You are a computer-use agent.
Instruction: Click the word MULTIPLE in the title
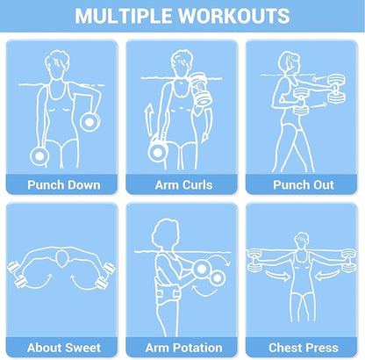[x=124, y=16]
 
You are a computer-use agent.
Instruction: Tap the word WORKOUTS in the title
[x=234, y=16]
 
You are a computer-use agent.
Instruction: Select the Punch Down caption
[x=64, y=185]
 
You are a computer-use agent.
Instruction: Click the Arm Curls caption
[x=183, y=185]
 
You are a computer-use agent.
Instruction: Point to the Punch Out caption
[x=304, y=185]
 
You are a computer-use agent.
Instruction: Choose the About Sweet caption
[x=64, y=348]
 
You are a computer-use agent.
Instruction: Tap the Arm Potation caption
[x=183, y=348]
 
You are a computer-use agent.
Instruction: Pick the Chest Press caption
[x=304, y=348]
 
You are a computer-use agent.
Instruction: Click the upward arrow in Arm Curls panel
[x=149, y=119]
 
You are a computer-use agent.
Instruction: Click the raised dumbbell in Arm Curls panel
[x=201, y=89]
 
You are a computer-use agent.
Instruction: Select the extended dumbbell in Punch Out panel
[x=336, y=89]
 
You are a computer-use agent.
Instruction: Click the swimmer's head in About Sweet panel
[x=61, y=259]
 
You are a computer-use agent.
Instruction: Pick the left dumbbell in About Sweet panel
[x=17, y=275]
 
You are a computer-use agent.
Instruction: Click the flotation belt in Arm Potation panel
[x=168, y=294]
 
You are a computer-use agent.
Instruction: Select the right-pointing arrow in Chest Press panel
[x=278, y=275]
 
